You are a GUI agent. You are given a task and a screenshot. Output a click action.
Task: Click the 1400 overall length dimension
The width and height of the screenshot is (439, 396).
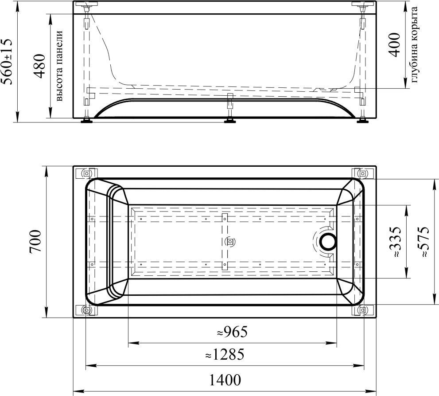[225, 380]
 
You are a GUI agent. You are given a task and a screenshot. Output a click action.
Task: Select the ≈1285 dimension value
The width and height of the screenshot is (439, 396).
[225, 354]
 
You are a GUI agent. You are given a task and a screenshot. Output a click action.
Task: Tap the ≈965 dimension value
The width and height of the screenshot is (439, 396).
[233, 332]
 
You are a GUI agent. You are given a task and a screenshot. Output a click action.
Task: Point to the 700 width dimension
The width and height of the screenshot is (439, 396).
[35, 241]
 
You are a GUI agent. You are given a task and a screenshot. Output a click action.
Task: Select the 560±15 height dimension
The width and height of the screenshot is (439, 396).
[7, 61]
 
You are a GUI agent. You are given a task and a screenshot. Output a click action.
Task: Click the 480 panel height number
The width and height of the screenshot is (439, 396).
[39, 66]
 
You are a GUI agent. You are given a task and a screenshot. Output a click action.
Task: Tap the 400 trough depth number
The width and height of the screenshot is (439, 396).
[395, 44]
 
